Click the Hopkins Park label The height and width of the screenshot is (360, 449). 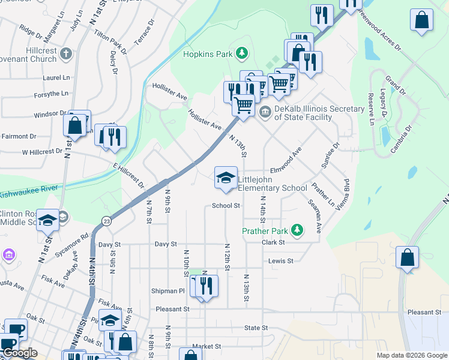pos(208,54)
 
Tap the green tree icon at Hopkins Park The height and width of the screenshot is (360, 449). pos(241,54)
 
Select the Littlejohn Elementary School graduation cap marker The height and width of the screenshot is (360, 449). pos(226,178)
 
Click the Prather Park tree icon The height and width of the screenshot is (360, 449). pos(296,230)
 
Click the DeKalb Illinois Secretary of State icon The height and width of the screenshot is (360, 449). pos(265,112)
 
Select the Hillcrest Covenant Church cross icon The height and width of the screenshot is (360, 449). pos(65,55)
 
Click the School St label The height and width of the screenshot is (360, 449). pos(226,206)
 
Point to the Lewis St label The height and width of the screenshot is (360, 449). pos(280,261)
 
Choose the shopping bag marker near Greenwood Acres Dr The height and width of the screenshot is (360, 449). pos(422,20)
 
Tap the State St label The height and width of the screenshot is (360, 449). pos(256,328)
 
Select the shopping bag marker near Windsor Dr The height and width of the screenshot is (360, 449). pos(76,126)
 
